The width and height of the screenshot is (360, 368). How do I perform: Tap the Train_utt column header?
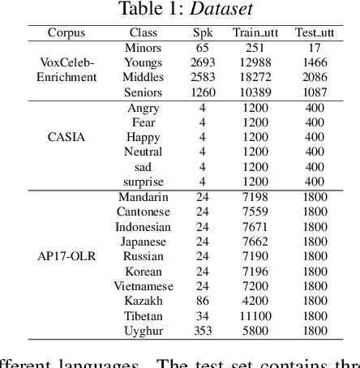[x=253, y=33]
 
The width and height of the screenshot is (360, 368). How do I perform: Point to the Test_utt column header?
[x=315, y=33]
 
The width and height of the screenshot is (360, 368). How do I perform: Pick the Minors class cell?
[x=144, y=48]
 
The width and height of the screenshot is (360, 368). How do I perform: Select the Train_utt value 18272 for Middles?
[x=253, y=77]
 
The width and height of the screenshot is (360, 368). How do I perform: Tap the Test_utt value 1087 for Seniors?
[x=315, y=92]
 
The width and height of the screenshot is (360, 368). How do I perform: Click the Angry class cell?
[x=144, y=108]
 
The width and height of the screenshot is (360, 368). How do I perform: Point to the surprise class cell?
[x=144, y=182]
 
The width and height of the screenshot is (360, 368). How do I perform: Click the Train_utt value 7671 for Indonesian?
[x=253, y=226]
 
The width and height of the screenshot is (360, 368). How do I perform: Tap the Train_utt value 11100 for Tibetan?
[x=253, y=315]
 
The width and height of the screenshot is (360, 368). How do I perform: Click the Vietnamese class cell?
[x=144, y=286]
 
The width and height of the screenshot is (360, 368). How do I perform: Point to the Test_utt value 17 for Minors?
[x=315, y=48]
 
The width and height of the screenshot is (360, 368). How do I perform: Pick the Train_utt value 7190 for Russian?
[x=253, y=256]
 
